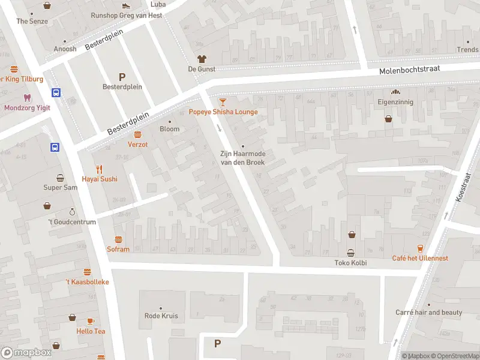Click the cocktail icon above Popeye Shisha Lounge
pyautogui.click(x=223, y=103)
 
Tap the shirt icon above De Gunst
pyautogui.click(x=202, y=59)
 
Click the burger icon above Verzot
pyautogui.click(x=137, y=134)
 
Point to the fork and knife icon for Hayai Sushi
pyautogui.click(x=100, y=169)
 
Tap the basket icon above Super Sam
pyautogui.click(x=61, y=178)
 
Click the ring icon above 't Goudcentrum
pyautogui.click(x=72, y=212)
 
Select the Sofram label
pyautogui.click(x=118, y=249)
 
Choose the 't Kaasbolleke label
pyautogui.click(x=87, y=281)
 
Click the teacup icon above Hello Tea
pyautogui.click(x=91, y=321)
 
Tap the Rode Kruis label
pyautogui.click(x=161, y=316)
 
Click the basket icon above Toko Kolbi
pyautogui.click(x=350, y=253)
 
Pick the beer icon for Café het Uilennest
pyautogui.click(x=420, y=248)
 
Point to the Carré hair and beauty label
pyautogui.click(x=429, y=313)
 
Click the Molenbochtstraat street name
pyautogui.click(x=409, y=70)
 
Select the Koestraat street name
pyautogui.click(x=463, y=187)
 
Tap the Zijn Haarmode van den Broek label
pyautogui.click(x=243, y=158)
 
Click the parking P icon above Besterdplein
pyautogui.click(x=122, y=76)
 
